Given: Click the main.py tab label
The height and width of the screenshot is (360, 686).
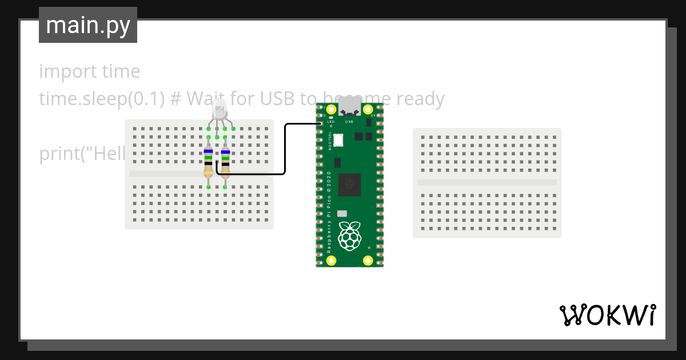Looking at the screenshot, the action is coord(88,26).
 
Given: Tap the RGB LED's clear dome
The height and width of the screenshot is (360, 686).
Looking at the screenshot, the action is coord(219,107).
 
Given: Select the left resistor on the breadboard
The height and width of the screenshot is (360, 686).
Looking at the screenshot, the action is coord(209,161).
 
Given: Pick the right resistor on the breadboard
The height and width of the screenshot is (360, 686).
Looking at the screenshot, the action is coord(225,161).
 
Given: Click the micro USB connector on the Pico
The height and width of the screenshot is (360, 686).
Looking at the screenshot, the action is coord(349,107).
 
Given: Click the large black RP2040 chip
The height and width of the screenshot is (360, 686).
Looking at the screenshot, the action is coord(349,185).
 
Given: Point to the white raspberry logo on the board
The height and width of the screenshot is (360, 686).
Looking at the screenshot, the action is coord(349,235).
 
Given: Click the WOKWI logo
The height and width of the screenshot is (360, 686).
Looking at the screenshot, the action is coord(607,315).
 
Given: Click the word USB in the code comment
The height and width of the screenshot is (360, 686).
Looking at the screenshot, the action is coord(277,99).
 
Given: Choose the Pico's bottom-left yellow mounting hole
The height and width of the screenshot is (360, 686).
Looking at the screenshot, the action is coord(331,261).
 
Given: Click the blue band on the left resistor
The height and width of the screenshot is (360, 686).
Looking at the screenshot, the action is coord(209,151).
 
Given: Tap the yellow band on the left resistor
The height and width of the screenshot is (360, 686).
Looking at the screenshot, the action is coord(209,173).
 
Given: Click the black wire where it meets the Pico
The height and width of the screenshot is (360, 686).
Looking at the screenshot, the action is coord(318,123).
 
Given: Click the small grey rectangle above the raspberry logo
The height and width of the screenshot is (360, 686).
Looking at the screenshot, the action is coord(342,213).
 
